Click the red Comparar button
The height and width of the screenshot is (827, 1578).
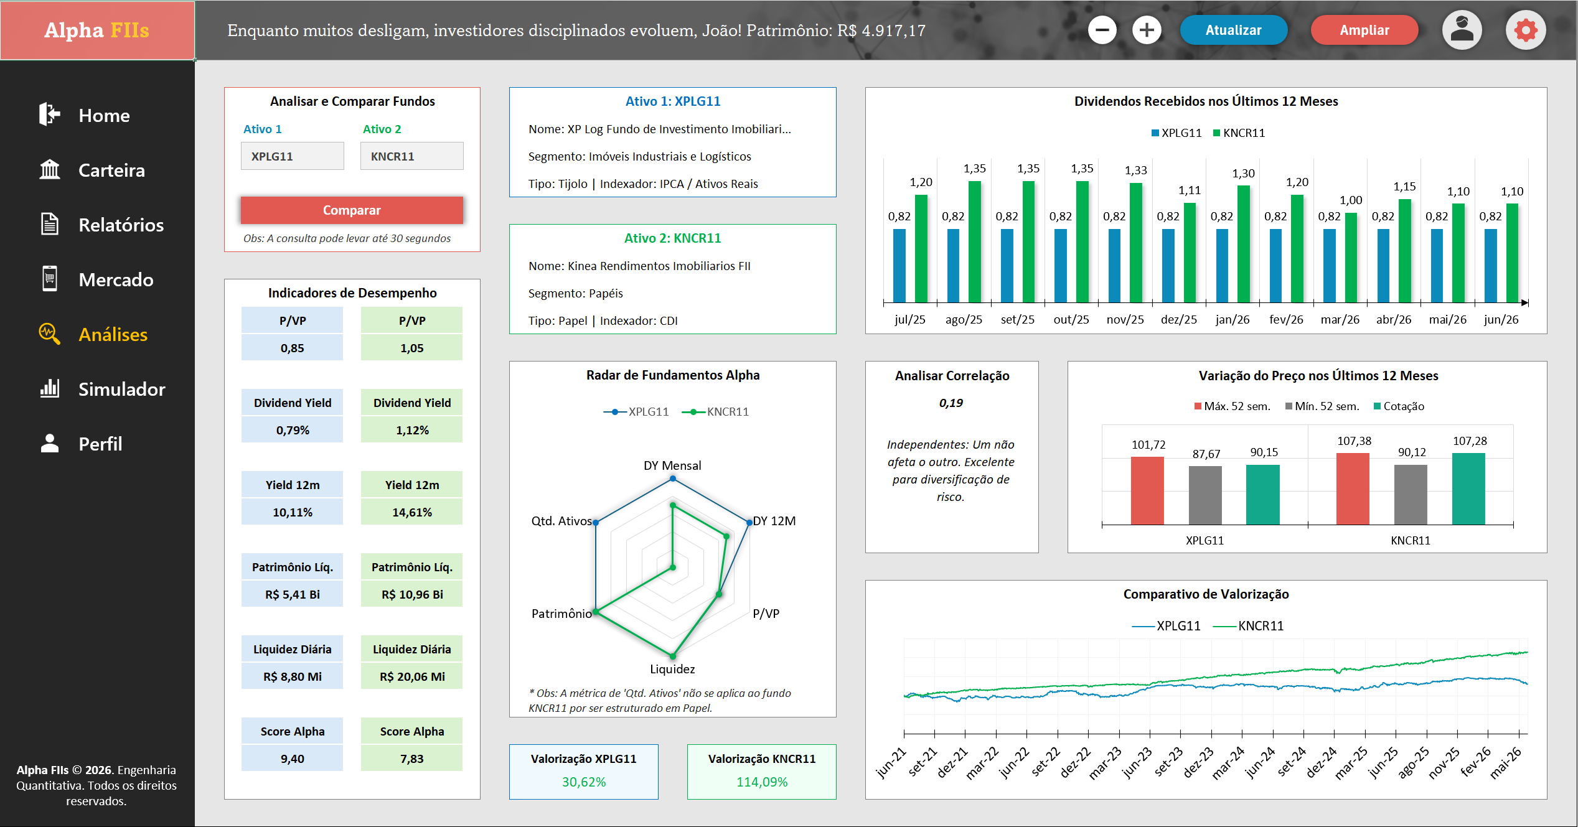(x=352, y=210)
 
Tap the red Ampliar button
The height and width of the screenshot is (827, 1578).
(x=1364, y=30)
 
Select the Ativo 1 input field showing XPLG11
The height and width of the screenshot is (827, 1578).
(x=293, y=156)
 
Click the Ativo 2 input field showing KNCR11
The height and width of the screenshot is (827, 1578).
(x=412, y=156)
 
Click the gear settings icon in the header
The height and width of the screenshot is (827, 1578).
(x=1526, y=30)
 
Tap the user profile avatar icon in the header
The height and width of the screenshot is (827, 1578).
(x=1462, y=30)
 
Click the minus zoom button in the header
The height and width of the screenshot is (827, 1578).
(x=1102, y=30)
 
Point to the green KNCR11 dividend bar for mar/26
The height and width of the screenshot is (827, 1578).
(x=1351, y=258)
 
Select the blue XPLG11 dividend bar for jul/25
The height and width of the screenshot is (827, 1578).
(x=899, y=266)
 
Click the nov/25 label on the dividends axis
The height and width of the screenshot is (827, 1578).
(x=1125, y=319)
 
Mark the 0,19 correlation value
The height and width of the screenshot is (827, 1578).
(x=951, y=403)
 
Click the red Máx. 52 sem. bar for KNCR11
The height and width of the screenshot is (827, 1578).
(x=1353, y=489)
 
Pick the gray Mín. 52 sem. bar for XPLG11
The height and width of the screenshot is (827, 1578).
(x=1205, y=495)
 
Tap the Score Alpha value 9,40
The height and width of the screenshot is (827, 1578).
(x=293, y=759)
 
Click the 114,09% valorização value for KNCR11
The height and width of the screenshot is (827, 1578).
(x=762, y=782)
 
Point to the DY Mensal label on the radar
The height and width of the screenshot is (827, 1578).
(x=672, y=465)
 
